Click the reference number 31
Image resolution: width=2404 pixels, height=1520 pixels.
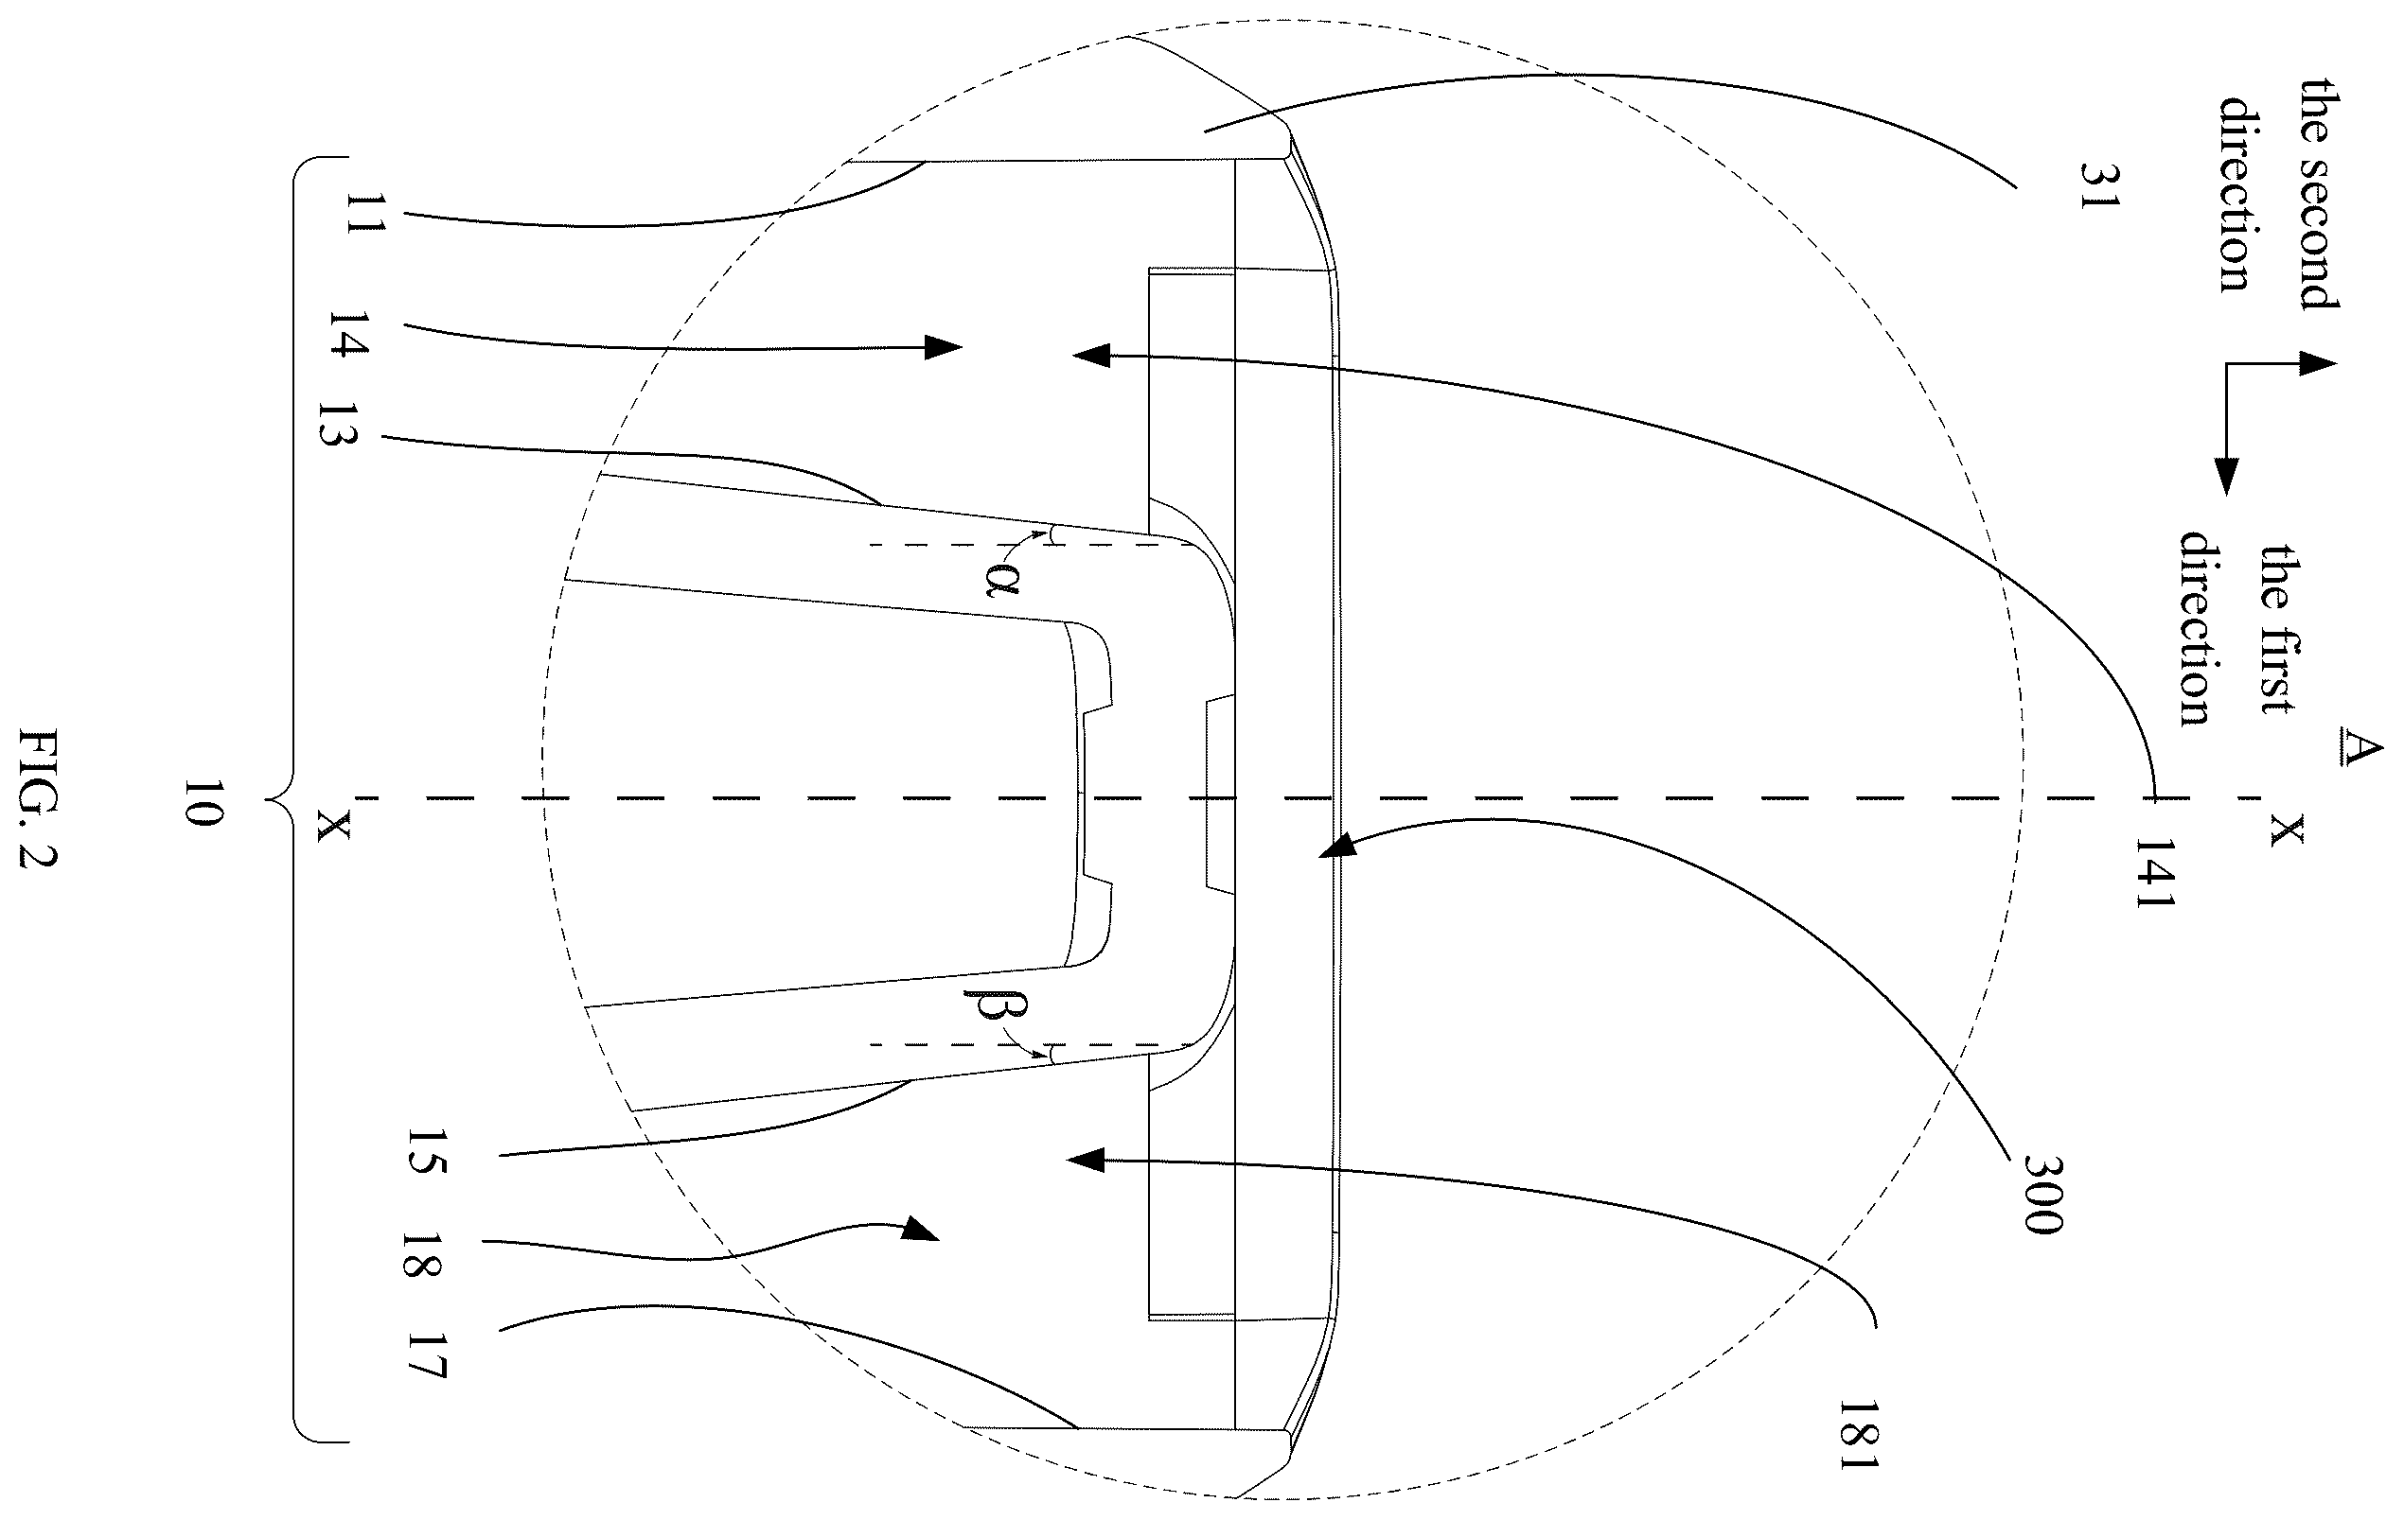(2098, 185)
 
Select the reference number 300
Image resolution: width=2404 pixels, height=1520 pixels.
(2043, 1194)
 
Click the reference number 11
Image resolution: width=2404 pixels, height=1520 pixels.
(364, 214)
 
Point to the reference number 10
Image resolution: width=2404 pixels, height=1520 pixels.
(203, 801)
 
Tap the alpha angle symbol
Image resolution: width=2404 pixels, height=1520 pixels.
(999, 580)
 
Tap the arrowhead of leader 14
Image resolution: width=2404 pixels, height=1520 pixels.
(944, 347)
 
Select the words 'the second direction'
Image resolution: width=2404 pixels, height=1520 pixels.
(2276, 195)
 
